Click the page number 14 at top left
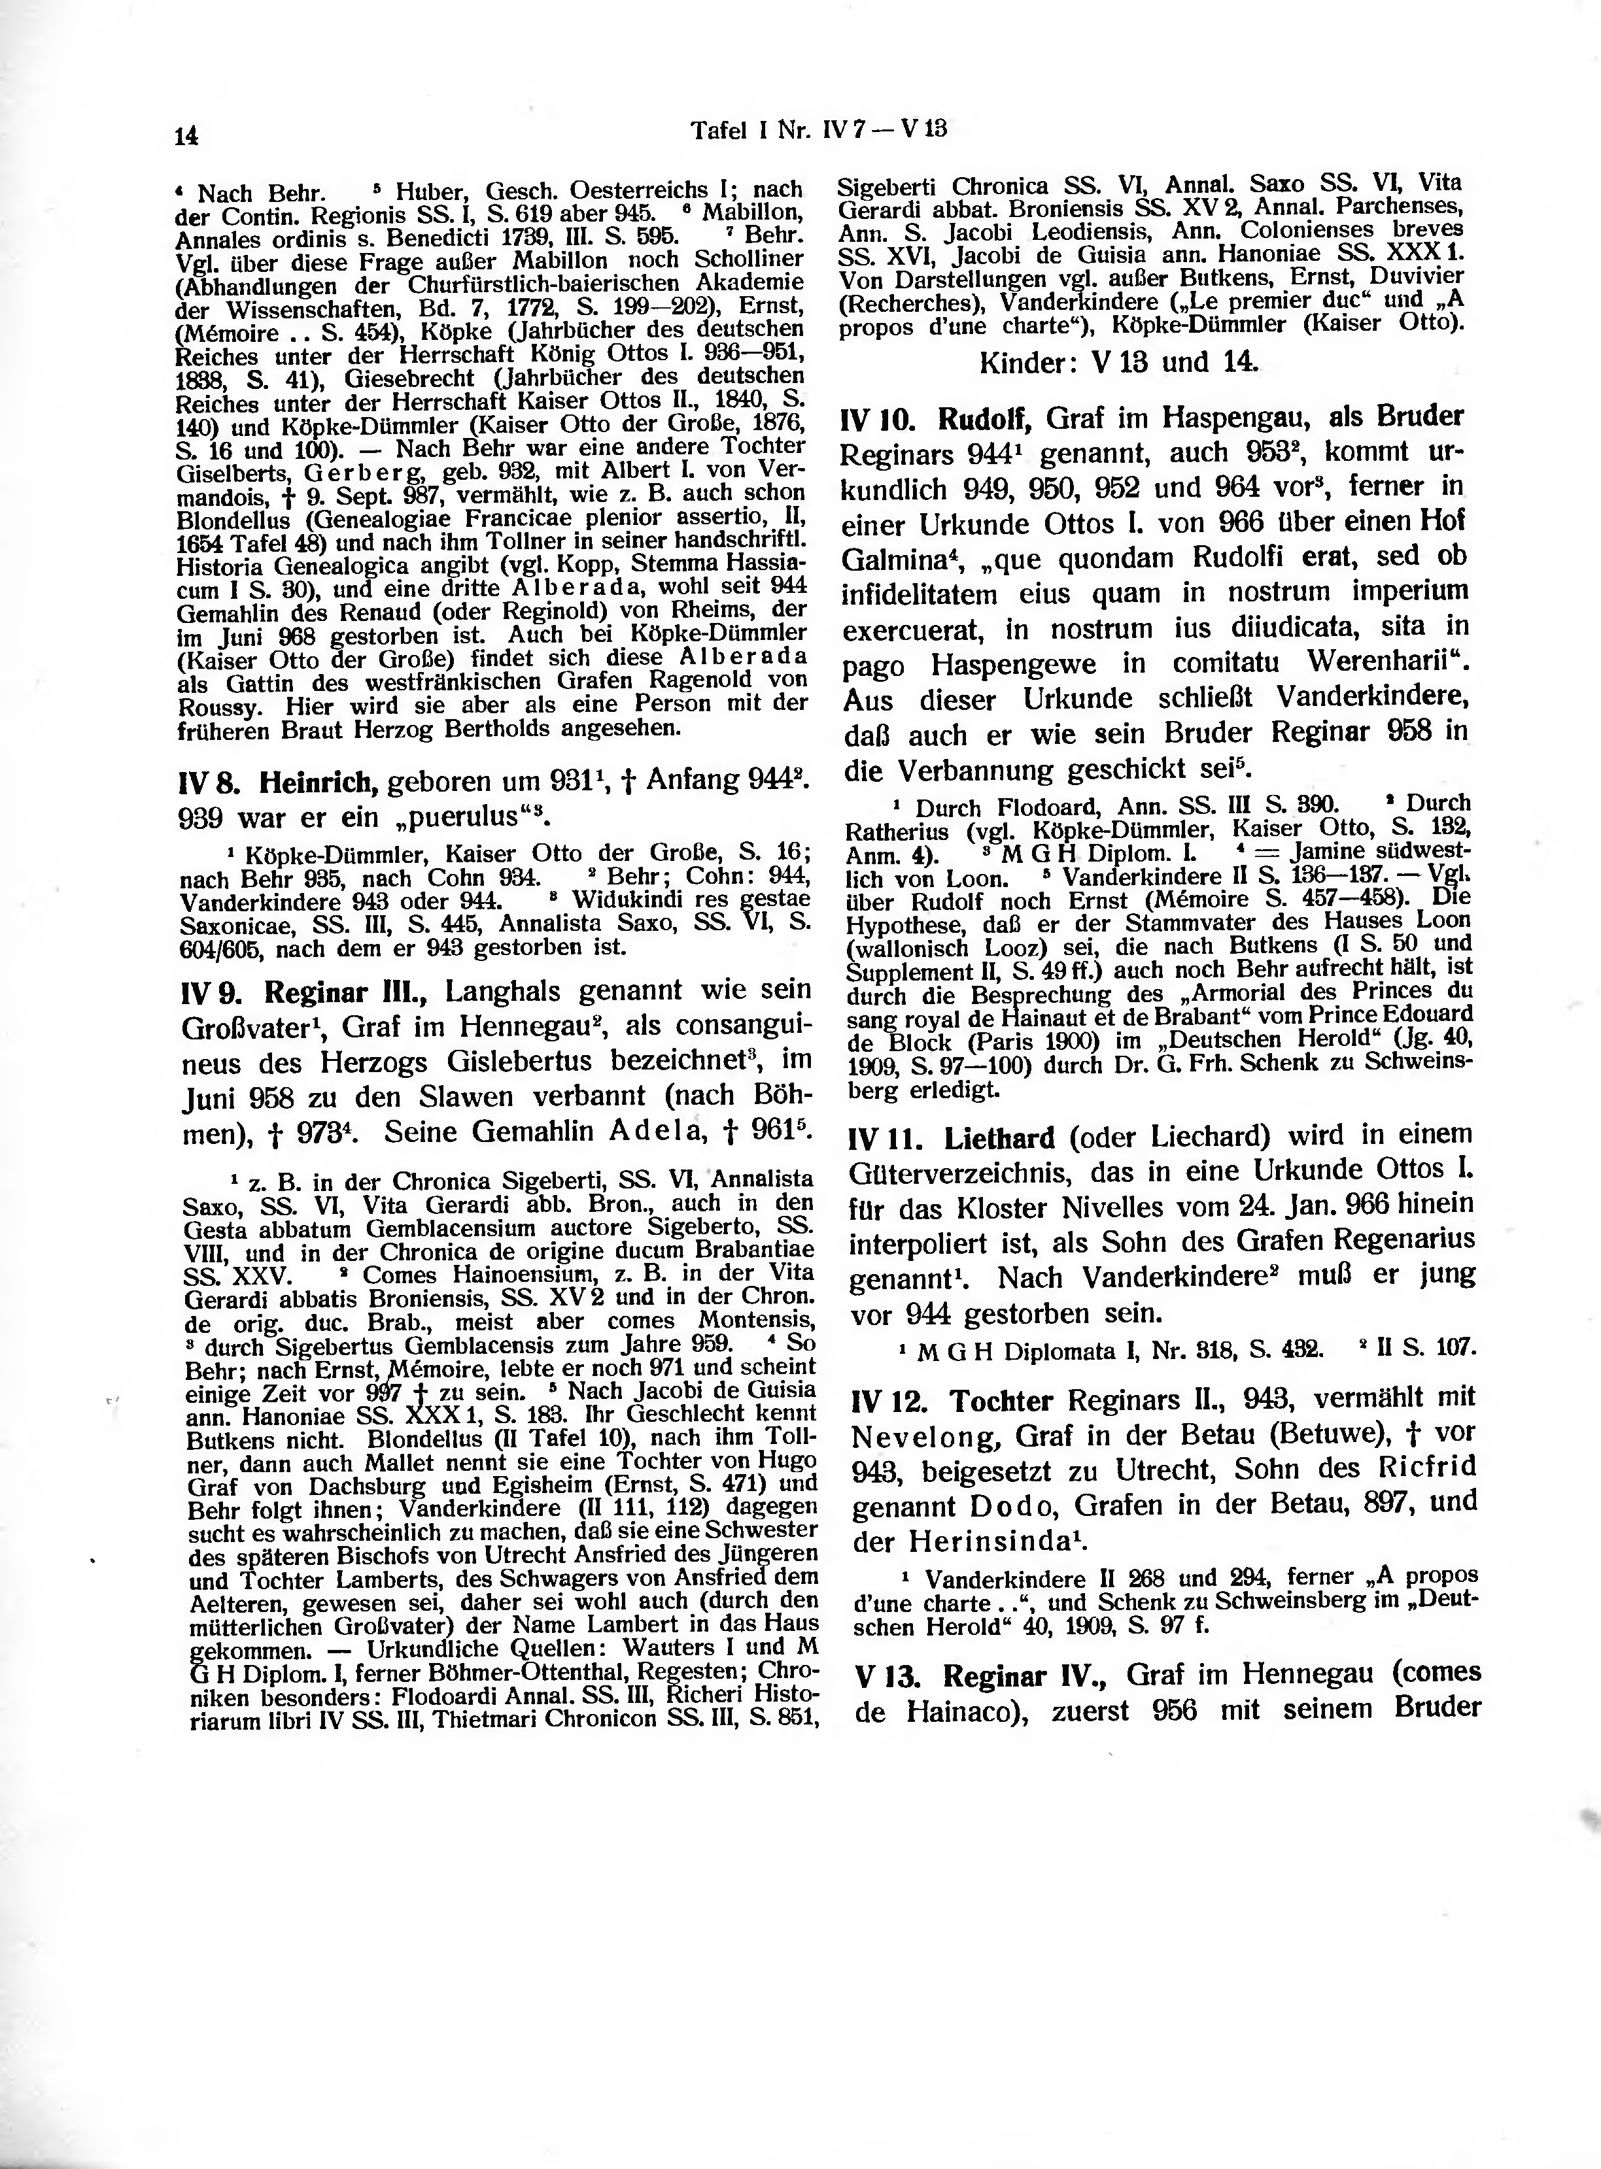[x=186, y=137]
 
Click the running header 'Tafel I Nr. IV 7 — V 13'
[x=818, y=129]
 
